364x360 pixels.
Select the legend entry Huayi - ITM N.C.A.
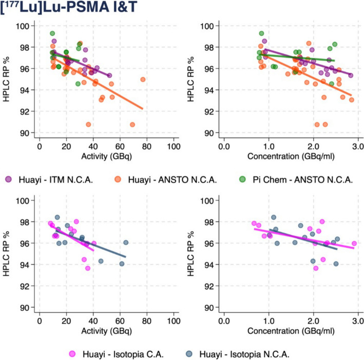(53, 179)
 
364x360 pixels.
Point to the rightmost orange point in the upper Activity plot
(143, 79)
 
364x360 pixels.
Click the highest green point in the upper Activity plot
(52, 33)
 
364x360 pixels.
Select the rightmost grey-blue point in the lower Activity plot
(126, 243)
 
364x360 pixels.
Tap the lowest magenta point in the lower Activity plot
(88, 268)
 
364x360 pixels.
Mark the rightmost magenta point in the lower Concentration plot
(354, 244)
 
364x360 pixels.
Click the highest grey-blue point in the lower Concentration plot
(274, 217)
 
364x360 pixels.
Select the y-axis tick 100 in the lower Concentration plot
(208, 201)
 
